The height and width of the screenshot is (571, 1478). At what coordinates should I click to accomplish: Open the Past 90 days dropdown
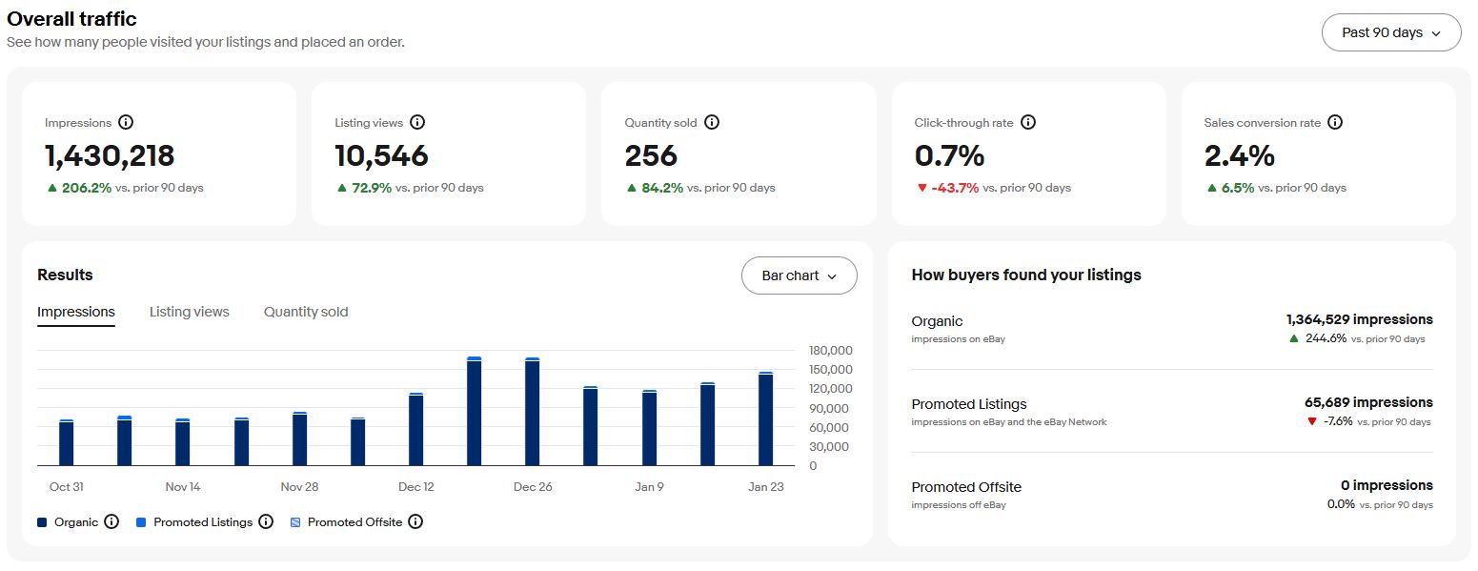coord(1390,32)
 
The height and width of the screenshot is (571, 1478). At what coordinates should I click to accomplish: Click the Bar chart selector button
coord(799,275)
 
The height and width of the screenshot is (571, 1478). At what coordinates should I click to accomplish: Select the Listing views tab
coord(190,312)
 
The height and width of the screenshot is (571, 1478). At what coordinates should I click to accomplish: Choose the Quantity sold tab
coord(306,312)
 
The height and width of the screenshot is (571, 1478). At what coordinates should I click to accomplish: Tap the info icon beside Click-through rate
coord(1027,122)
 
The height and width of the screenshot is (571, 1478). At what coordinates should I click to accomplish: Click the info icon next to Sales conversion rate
coord(1335,122)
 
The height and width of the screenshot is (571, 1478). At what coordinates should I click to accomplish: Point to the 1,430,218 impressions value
coord(110,155)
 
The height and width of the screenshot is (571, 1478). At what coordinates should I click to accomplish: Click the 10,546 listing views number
coord(381,155)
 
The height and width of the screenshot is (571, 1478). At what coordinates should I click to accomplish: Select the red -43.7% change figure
coord(954,188)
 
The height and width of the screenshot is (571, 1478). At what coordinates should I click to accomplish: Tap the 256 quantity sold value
coord(651,155)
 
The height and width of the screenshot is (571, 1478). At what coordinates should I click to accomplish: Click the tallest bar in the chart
coord(474,411)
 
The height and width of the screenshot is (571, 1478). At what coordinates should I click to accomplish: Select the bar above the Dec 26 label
coord(532,412)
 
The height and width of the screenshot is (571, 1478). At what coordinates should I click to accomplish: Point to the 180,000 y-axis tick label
coord(830,350)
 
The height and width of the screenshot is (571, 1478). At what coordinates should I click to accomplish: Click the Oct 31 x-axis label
coord(67,486)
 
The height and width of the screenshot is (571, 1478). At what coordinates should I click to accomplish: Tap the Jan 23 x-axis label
coord(765,486)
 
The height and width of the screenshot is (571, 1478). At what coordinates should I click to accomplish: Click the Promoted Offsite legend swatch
coord(295,522)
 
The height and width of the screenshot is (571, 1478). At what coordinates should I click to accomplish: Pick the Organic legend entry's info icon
coord(111,521)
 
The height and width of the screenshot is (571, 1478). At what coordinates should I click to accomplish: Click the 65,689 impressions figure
coord(1367,402)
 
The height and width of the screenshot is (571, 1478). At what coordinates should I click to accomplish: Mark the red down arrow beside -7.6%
coord(1312,421)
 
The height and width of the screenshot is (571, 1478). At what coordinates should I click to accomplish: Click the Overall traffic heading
coord(71,19)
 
